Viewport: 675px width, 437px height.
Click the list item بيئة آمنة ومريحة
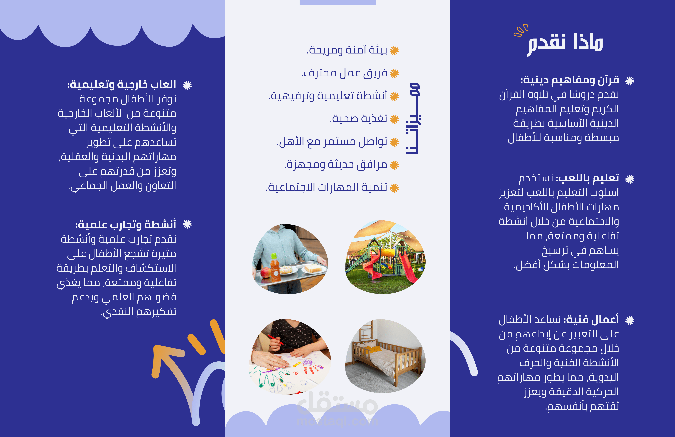click(x=347, y=50)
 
